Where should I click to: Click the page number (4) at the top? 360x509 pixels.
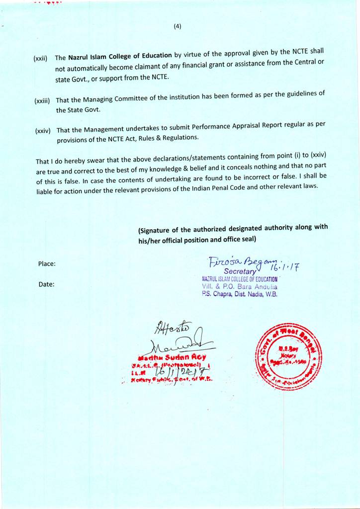click(178, 27)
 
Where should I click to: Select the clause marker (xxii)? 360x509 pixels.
click(40, 59)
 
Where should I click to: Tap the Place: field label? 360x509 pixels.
click(46, 264)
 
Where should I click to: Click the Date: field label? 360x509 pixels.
click(46, 285)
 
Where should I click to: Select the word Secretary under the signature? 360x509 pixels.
click(240, 272)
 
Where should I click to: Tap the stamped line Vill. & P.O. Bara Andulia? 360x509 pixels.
click(240, 287)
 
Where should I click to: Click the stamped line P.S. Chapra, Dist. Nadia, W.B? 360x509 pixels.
click(240, 294)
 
